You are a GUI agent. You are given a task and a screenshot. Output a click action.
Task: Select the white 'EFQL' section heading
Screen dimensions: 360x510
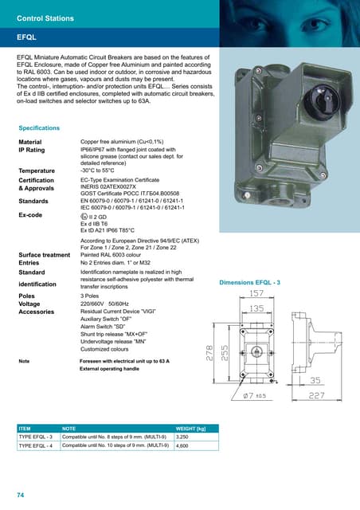pyautogui.click(x=29, y=37)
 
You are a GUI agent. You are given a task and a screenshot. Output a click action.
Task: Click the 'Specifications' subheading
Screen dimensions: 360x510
pyautogui.click(x=39, y=127)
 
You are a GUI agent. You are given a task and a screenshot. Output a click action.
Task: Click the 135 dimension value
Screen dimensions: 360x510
pyautogui.click(x=256, y=308)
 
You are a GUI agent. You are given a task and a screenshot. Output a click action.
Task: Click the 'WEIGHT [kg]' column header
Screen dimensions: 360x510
pyautogui.click(x=191, y=428)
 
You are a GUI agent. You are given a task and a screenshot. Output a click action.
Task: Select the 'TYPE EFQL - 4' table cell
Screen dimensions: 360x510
pyautogui.click(x=36, y=446)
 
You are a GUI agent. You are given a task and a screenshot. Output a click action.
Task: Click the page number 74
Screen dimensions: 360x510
pyautogui.click(x=20, y=495)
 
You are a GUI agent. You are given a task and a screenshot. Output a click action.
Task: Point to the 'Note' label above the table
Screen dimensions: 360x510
pyautogui.click(x=24, y=362)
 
